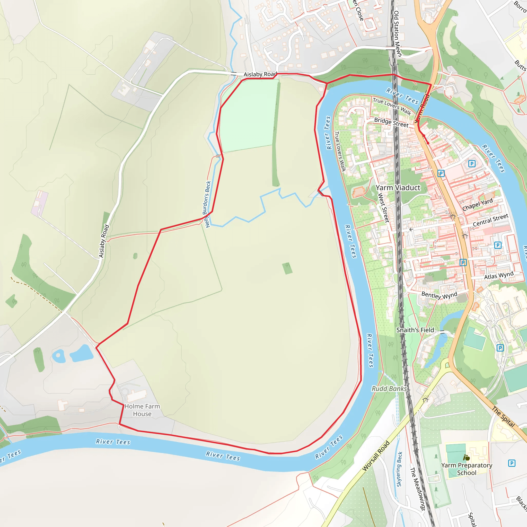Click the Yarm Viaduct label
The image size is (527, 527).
[398, 188]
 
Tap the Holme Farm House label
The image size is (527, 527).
[142, 410]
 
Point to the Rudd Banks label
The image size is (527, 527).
[389, 389]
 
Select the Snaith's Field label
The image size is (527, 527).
[415, 330]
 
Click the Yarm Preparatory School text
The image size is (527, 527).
[467, 469]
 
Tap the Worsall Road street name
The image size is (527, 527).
[376, 456]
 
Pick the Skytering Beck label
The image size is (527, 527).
[399, 469]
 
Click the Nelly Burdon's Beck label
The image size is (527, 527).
[207, 204]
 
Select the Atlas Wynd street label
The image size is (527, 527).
[499, 276]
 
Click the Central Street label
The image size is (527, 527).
[490, 220]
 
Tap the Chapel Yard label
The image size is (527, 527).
[477, 205]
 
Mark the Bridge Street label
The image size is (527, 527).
[391, 122]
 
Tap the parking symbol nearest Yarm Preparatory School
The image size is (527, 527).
[512, 463]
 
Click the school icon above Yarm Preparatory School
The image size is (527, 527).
[467, 458]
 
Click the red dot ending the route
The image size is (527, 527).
[428, 143]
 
